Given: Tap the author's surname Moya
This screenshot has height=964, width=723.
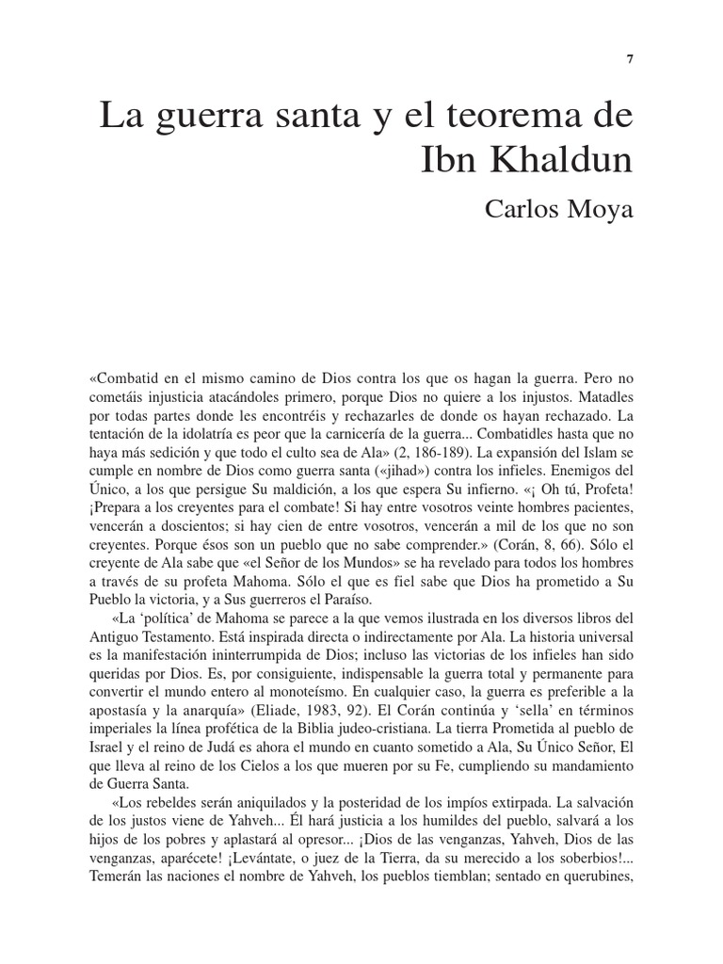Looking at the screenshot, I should coord(602,209).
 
